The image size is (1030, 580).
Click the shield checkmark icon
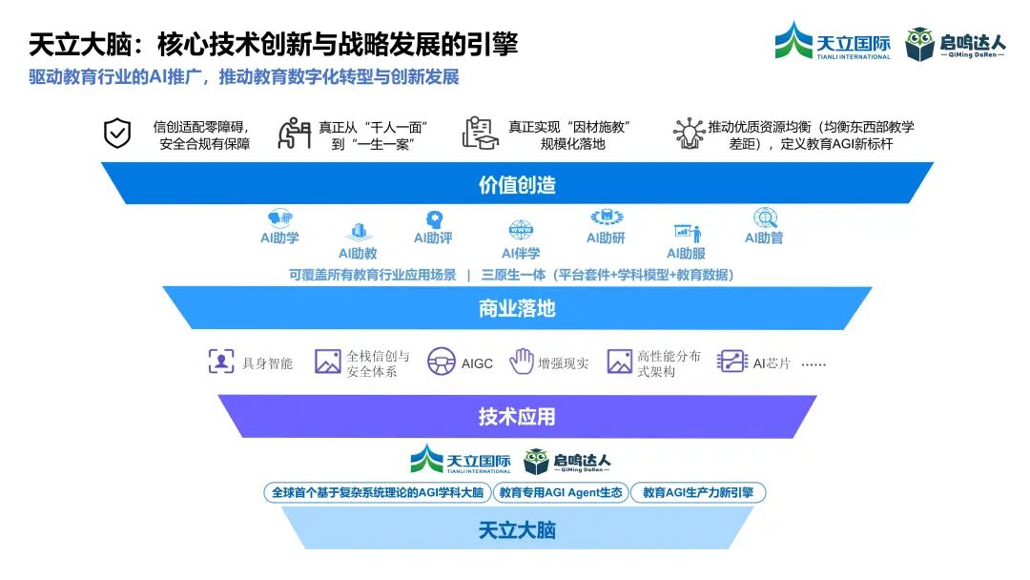(x=117, y=134)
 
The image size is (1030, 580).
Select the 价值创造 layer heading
(x=517, y=185)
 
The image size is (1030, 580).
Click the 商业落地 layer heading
(x=517, y=309)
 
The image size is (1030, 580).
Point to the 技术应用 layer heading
(x=517, y=417)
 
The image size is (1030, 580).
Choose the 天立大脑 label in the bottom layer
(x=517, y=530)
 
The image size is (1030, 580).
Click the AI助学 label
(x=279, y=238)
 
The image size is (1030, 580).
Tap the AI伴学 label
(x=521, y=254)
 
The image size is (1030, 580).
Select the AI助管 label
(x=764, y=238)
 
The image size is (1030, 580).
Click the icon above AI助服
(x=687, y=233)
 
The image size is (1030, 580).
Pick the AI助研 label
(x=606, y=238)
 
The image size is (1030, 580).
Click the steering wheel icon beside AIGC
(x=441, y=362)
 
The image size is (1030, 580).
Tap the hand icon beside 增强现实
(x=521, y=362)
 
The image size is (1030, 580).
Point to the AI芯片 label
(x=772, y=363)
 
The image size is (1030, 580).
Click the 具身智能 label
(x=267, y=363)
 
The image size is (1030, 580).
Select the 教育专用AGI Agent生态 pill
(x=561, y=493)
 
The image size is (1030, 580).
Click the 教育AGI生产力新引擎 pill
(x=698, y=493)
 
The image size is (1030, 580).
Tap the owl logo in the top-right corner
(x=920, y=44)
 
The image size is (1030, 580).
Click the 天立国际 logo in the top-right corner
(x=833, y=41)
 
